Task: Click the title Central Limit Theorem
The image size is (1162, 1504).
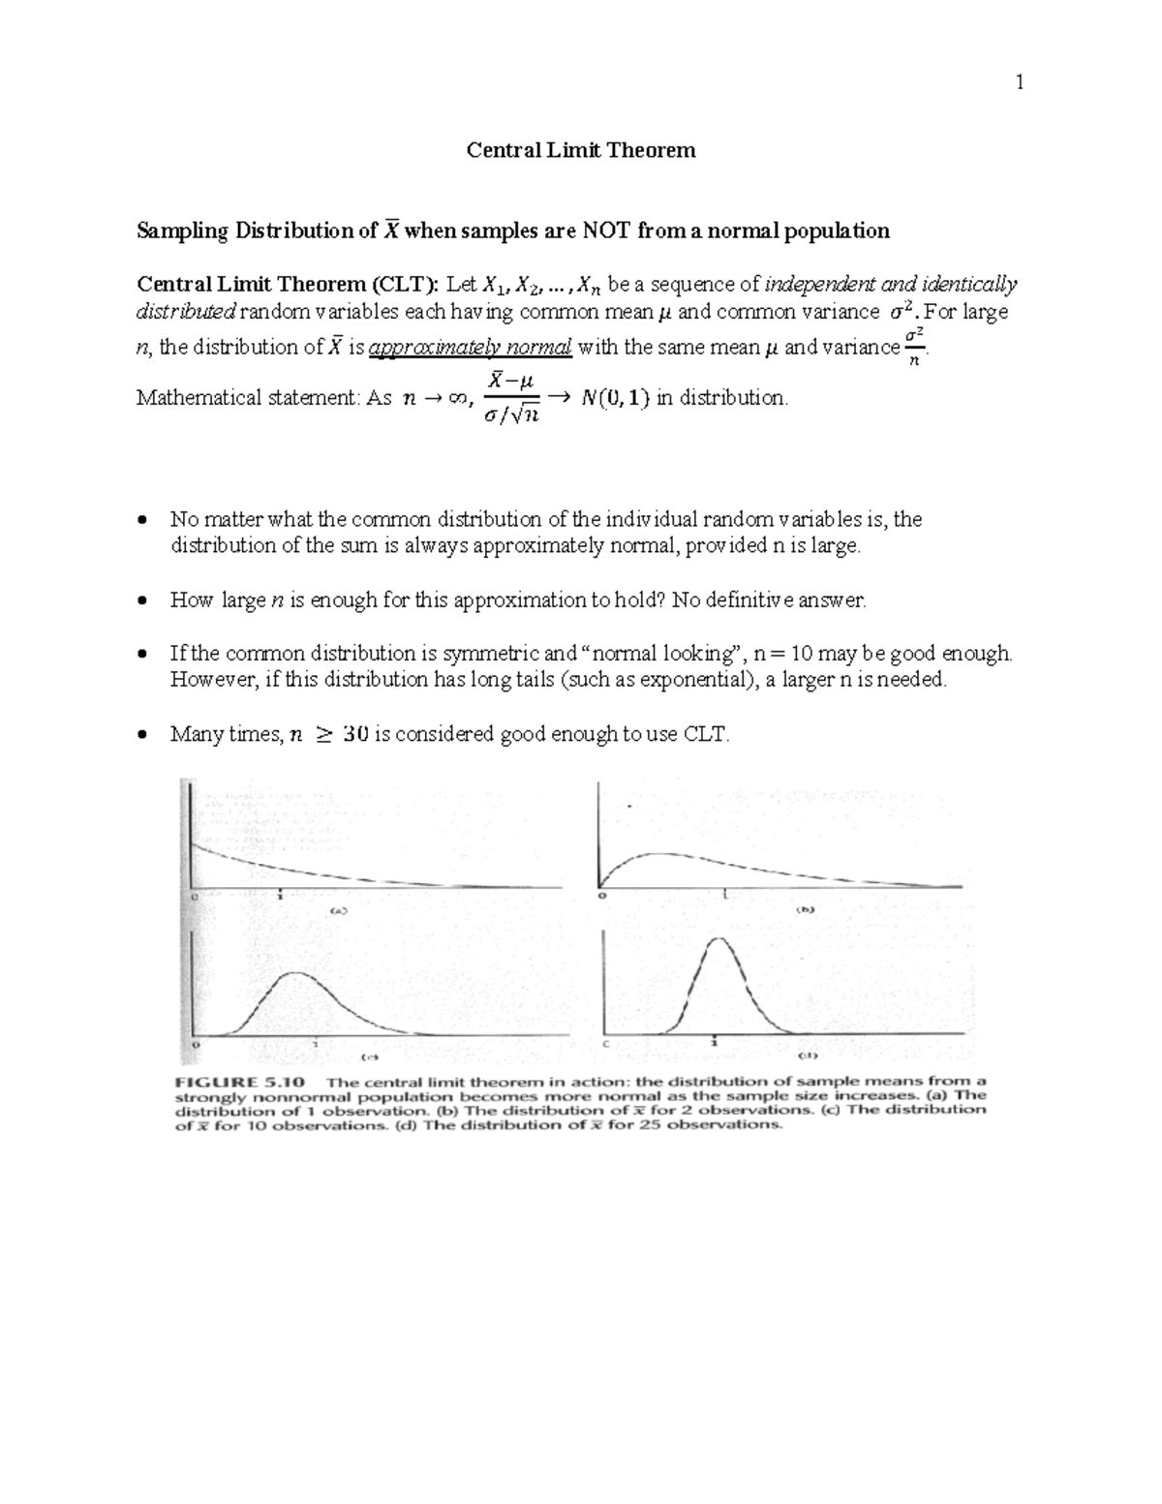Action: tap(581, 150)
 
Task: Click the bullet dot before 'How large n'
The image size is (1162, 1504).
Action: tap(143, 600)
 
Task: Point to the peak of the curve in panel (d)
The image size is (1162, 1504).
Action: tap(716, 940)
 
